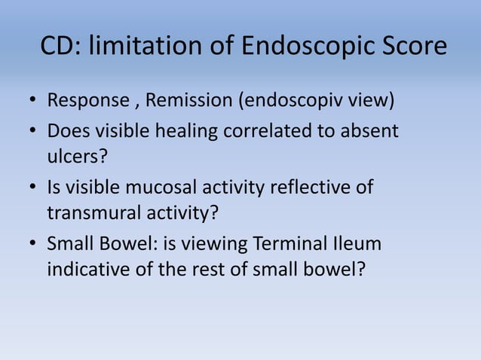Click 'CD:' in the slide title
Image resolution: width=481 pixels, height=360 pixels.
[x=60, y=47]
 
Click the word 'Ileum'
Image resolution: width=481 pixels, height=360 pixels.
[x=357, y=245]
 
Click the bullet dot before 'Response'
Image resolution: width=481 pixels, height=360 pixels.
[x=33, y=102]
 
